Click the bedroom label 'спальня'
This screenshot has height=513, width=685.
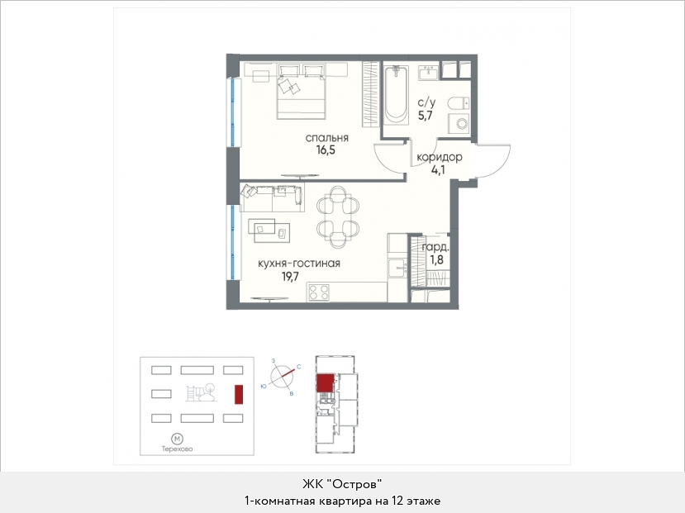(326, 138)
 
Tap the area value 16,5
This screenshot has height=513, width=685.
(326, 150)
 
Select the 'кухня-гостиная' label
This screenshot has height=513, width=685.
(299, 264)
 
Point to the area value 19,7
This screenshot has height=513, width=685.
(290, 277)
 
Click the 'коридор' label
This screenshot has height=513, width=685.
(439, 157)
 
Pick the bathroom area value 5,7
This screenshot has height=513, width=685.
(425, 116)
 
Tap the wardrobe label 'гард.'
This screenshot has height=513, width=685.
(435, 247)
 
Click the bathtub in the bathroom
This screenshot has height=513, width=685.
(397, 94)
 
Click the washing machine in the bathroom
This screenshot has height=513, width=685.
(459, 123)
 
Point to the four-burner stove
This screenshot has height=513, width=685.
(318, 292)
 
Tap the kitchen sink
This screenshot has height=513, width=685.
(397, 268)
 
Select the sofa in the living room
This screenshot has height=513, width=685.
(273, 198)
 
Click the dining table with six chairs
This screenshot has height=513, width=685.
(338, 217)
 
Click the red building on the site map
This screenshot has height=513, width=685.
(239, 394)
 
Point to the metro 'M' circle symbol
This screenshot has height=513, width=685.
(177, 439)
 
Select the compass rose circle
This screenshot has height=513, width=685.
(282, 376)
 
